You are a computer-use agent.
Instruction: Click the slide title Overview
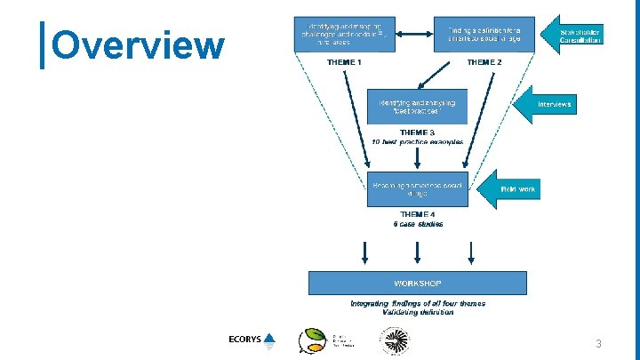pyautogui.click(x=139, y=45)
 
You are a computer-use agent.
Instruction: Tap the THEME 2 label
pyautogui.click(x=484, y=62)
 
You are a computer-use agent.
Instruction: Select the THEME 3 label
pyautogui.click(x=417, y=132)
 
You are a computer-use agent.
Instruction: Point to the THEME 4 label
pyautogui.click(x=417, y=214)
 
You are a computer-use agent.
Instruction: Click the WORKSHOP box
pyautogui.click(x=418, y=284)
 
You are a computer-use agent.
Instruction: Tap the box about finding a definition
pyautogui.click(x=484, y=34)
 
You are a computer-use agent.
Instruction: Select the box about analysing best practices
pyautogui.click(x=417, y=106)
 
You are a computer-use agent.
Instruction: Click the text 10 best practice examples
pyautogui.click(x=417, y=142)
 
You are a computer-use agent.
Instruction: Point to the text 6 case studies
pyautogui.click(x=417, y=224)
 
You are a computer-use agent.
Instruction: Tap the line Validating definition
pyautogui.click(x=418, y=313)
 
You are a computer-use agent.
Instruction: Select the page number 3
pyautogui.click(x=599, y=343)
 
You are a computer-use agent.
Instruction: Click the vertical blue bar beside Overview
pyautogui.click(x=44, y=45)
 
